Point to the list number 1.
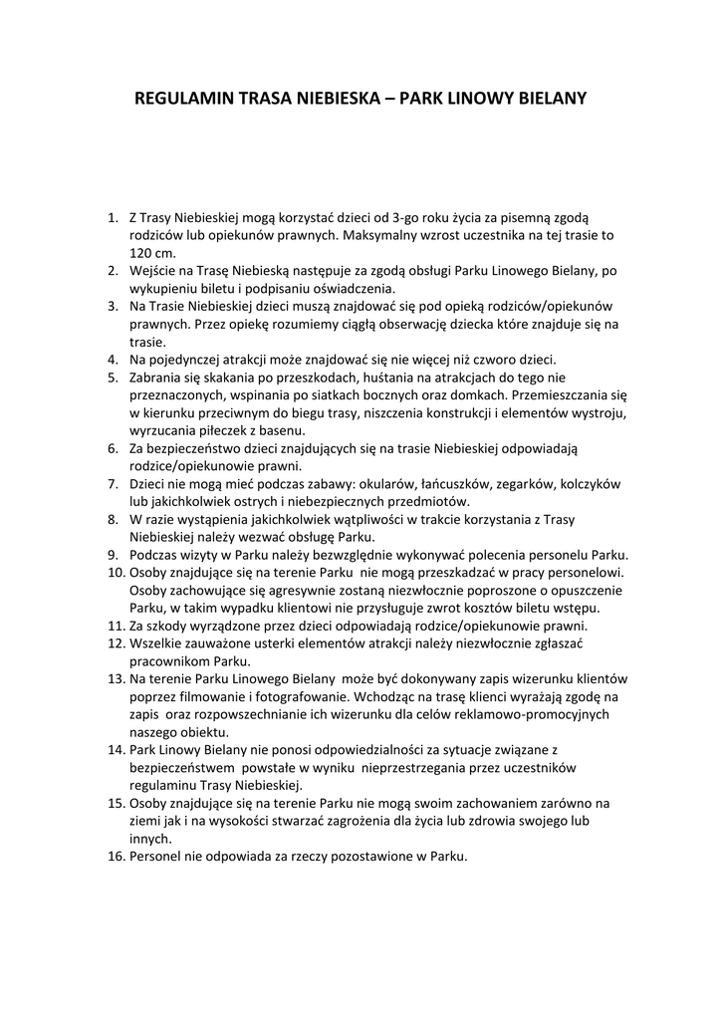[x=113, y=217]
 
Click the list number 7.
[x=113, y=483]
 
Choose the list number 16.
[x=116, y=857]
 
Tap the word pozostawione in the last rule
[x=333, y=857]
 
